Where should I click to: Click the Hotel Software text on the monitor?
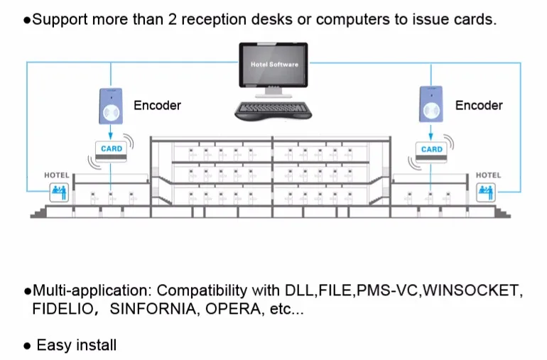click(x=274, y=65)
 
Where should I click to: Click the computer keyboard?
click(x=273, y=111)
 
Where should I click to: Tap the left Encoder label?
click(x=157, y=105)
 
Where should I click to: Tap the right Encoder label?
click(x=479, y=105)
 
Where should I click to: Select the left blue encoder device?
click(x=111, y=106)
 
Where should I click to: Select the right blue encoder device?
click(x=431, y=104)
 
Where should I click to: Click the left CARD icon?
click(x=112, y=151)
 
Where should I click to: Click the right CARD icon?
click(x=431, y=152)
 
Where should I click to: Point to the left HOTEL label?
click(x=57, y=175)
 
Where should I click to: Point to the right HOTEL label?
click(x=489, y=175)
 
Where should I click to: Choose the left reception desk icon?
click(x=59, y=192)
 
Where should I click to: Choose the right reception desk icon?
click(x=486, y=192)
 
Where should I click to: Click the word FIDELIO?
click(x=63, y=309)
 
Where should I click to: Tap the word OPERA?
click(x=233, y=309)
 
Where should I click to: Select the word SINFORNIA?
click(x=153, y=309)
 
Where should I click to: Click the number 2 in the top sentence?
click(x=173, y=20)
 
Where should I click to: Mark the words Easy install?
click(x=77, y=345)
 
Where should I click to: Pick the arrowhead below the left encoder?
click(x=111, y=136)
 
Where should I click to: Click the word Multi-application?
click(x=93, y=290)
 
